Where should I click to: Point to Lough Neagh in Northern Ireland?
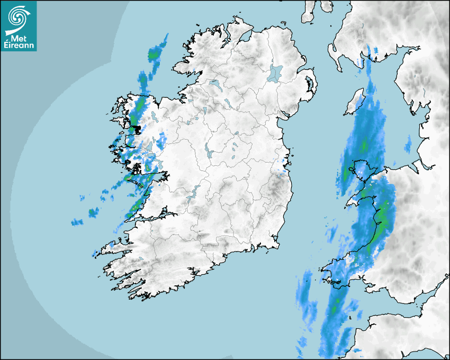point(275,73)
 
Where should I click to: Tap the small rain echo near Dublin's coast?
point(283,170)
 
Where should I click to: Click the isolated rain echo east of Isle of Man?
point(408,144)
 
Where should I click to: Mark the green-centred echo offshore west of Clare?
point(94,213)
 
